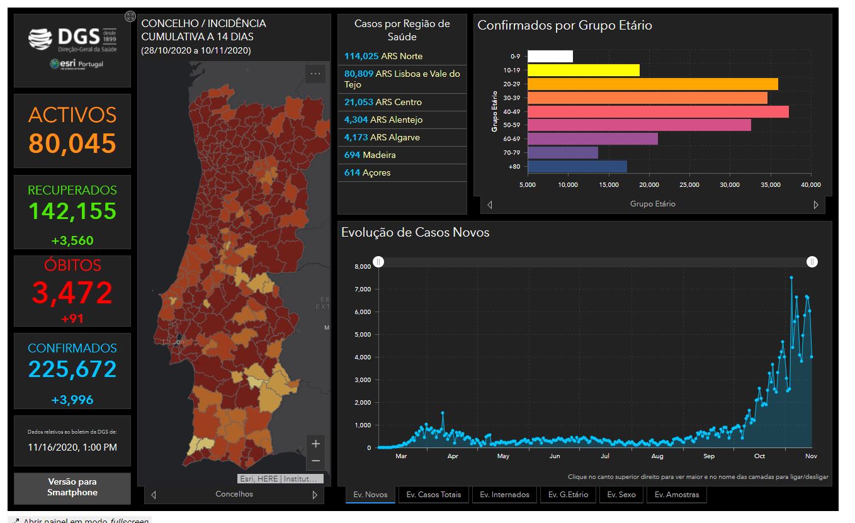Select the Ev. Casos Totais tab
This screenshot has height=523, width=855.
pyautogui.click(x=433, y=495)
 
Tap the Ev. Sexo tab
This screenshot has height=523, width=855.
pyautogui.click(x=621, y=495)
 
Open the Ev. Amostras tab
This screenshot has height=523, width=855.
pyautogui.click(x=677, y=495)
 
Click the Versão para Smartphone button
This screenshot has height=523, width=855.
pyautogui.click(x=72, y=488)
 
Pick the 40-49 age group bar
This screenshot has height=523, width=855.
pyautogui.click(x=658, y=111)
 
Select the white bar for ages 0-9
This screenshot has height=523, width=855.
pyautogui.click(x=550, y=56)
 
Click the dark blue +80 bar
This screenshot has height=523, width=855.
pyautogui.click(x=577, y=166)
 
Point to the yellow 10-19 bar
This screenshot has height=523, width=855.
pyautogui.click(x=583, y=70)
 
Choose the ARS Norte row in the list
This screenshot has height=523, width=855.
pyautogui.click(x=402, y=56)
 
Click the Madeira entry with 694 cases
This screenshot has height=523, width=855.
pyautogui.click(x=402, y=155)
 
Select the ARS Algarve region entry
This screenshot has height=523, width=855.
pyautogui.click(x=402, y=137)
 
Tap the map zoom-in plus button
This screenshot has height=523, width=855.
pyautogui.click(x=315, y=443)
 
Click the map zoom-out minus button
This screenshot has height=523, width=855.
pyautogui.click(x=315, y=461)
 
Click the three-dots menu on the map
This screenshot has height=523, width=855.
pyautogui.click(x=315, y=74)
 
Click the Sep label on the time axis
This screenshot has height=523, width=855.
pyautogui.click(x=709, y=456)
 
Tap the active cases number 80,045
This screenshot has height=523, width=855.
pyautogui.click(x=72, y=143)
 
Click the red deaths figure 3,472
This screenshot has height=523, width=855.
pyautogui.click(x=72, y=293)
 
